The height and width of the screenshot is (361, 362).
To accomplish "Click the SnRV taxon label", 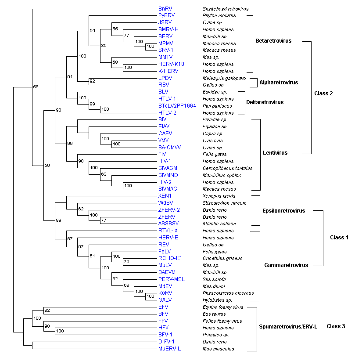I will click(x=165, y=9).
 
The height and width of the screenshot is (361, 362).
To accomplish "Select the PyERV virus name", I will click(x=166, y=16).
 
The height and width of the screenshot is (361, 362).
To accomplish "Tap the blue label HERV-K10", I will click(x=169, y=64).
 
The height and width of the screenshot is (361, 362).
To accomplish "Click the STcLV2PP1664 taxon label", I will click(x=177, y=106).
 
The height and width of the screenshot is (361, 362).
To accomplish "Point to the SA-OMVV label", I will click(x=169, y=148).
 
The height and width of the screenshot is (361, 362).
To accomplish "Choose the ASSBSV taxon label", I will click(x=168, y=224).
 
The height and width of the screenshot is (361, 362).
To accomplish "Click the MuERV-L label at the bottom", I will click(x=169, y=349).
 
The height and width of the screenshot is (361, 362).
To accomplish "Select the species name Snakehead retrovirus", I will click(x=225, y=9).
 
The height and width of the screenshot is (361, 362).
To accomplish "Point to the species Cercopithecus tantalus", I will click(x=227, y=168).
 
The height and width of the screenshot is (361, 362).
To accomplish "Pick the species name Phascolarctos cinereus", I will click(x=228, y=293).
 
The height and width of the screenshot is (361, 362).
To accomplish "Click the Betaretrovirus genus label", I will click(x=273, y=41).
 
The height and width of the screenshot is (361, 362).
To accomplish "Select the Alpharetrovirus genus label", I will click(x=279, y=83).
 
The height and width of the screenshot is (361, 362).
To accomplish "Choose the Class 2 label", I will click(x=324, y=94).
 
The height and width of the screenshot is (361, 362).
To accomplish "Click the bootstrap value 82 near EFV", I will click(x=48, y=311).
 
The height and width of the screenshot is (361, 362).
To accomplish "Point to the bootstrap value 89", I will click(x=58, y=220).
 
